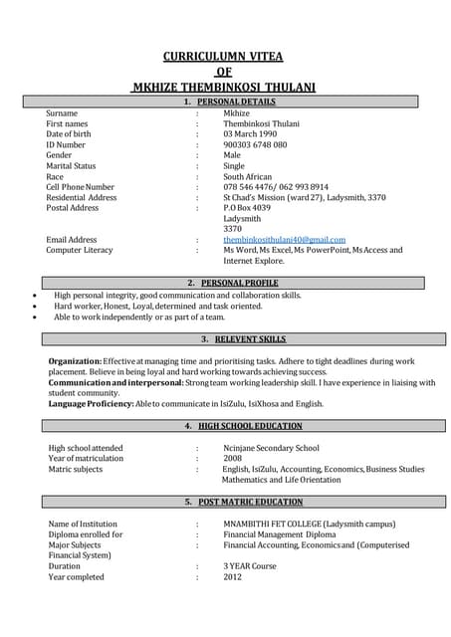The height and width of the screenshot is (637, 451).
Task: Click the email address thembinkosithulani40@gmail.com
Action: click(x=284, y=240)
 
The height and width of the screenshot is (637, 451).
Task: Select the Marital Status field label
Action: click(x=71, y=166)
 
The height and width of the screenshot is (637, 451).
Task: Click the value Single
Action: click(x=234, y=166)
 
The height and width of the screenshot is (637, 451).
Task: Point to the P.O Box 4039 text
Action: click(x=247, y=208)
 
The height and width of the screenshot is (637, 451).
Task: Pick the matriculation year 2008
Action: click(x=232, y=459)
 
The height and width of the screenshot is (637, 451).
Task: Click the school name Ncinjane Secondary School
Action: click(x=271, y=449)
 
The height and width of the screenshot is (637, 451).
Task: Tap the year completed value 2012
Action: click(x=232, y=577)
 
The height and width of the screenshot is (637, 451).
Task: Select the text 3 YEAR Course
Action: click(x=250, y=566)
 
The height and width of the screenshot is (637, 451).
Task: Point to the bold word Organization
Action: click(x=74, y=361)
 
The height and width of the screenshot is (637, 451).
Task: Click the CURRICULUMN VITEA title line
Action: click(x=225, y=57)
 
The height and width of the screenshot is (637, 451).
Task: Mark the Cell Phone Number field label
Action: click(x=80, y=187)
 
